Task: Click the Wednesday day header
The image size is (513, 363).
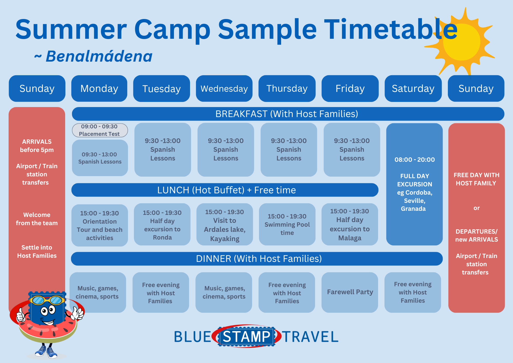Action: tap(224, 89)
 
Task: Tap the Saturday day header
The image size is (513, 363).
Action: tap(413, 89)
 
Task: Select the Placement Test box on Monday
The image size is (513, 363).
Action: tap(100, 130)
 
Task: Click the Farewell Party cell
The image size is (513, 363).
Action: tap(350, 292)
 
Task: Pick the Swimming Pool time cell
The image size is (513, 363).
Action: tap(287, 224)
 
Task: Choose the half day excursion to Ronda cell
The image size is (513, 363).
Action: tap(162, 224)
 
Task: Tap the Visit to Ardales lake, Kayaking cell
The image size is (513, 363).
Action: tap(225, 224)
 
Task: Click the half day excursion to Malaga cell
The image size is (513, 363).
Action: tap(350, 224)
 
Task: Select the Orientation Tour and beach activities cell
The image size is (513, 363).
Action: tap(100, 225)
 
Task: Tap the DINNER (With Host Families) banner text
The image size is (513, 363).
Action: tap(259, 259)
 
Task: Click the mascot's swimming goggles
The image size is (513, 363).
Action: tap(47, 300)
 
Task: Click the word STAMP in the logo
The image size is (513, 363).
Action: tap(246, 337)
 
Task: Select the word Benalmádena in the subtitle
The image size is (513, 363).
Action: tap(99, 56)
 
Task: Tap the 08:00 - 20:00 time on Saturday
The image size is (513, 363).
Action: tap(415, 160)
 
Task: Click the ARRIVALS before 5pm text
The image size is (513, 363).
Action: tap(37, 146)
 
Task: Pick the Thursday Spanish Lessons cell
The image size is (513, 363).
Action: tap(289, 150)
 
